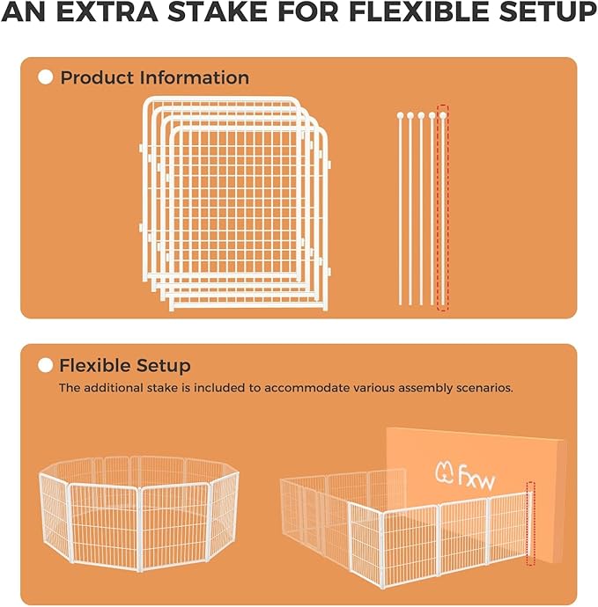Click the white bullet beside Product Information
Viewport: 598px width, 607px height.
[x=46, y=77]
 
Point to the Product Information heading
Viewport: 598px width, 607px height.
[x=154, y=77]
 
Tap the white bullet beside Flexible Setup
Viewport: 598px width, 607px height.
[x=46, y=365]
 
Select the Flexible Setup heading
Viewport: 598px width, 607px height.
[x=124, y=365]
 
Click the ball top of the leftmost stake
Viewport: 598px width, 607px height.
[x=400, y=115]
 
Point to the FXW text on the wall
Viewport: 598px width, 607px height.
[x=484, y=476]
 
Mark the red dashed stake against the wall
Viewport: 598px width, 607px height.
[x=530, y=523]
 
